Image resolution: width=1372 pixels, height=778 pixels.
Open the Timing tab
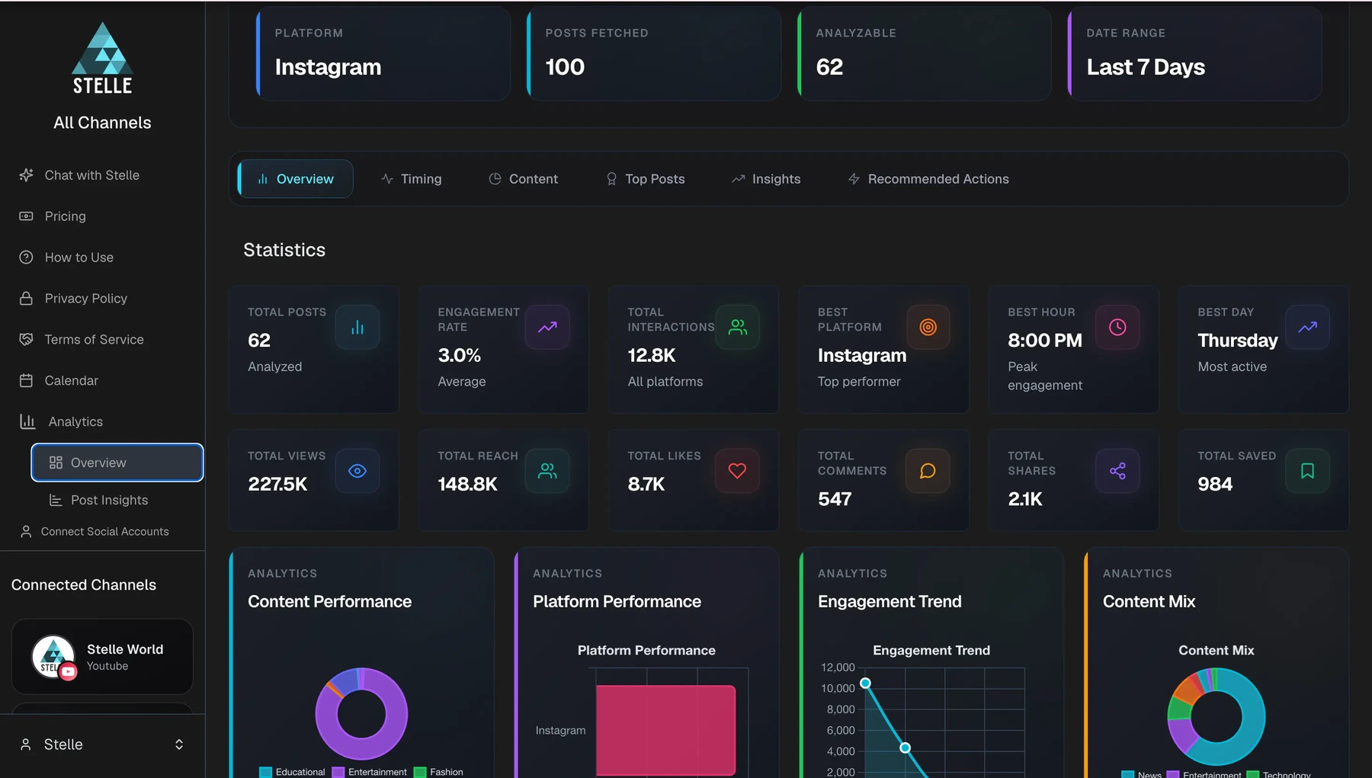pos(412,179)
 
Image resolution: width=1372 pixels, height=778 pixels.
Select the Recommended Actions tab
pos(928,179)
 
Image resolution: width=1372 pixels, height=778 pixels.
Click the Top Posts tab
pos(645,179)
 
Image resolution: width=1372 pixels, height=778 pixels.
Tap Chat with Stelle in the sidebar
pos(80,175)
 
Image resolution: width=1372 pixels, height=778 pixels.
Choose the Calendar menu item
pos(59,380)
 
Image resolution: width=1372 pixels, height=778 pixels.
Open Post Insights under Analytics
pos(99,500)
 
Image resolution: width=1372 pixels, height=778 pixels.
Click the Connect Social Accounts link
pos(95,531)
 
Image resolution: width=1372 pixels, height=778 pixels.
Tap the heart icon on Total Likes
pos(737,471)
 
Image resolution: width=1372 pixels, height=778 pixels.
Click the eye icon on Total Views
pos(357,471)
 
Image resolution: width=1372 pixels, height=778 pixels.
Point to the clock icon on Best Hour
pos(1117,327)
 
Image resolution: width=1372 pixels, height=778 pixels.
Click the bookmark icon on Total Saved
pos(1307,471)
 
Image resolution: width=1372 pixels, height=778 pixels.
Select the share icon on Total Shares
pos(1117,471)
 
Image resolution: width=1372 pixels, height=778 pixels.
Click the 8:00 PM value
pos(1044,341)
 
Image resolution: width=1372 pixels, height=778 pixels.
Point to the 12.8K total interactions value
pos(652,355)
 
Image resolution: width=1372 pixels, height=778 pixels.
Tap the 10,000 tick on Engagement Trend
pos(838,688)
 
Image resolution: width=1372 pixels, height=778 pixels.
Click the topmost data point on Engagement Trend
pos(865,683)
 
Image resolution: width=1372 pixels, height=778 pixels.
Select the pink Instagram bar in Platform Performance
pos(665,730)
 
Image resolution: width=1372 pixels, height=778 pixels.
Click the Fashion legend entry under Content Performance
pos(438,772)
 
